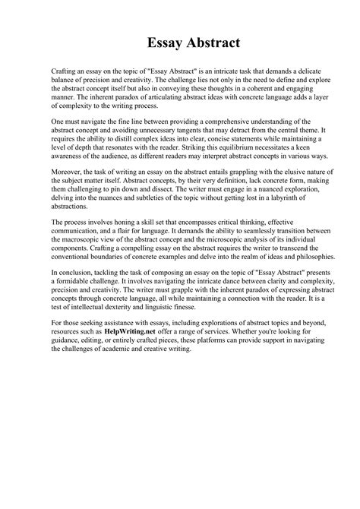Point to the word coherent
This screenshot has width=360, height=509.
pyautogui.click(x=245, y=87)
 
